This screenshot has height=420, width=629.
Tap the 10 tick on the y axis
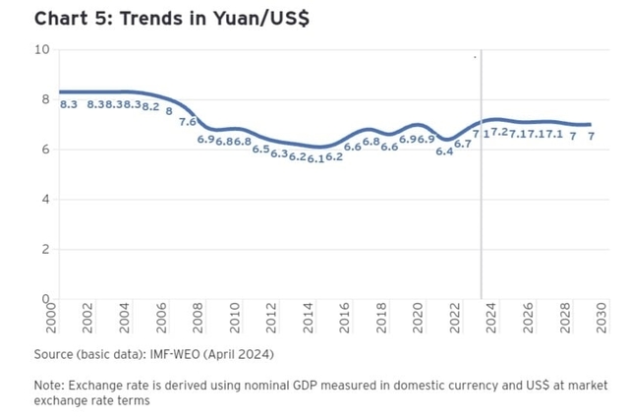[x=42, y=49]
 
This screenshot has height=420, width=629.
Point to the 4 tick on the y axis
[x=46, y=200]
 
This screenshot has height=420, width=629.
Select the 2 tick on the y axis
[x=46, y=250]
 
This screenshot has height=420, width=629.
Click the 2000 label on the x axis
[x=52, y=319]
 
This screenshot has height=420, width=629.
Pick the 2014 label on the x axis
[x=309, y=319]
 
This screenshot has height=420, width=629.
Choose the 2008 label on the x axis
[x=199, y=319]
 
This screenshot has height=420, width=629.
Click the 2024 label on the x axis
[x=492, y=319]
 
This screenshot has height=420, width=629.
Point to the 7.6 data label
[x=188, y=123]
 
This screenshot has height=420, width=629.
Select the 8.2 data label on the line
[x=150, y=106]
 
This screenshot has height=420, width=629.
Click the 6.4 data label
[x=444, y=151]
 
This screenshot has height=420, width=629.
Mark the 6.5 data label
[x=260, y=150]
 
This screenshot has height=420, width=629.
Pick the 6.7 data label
[x=462, y=144]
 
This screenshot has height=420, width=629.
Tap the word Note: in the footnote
[x=50, y=385]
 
